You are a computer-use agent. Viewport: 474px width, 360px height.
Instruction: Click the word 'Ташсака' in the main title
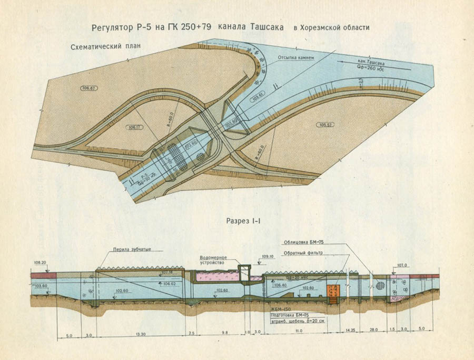(262, 27)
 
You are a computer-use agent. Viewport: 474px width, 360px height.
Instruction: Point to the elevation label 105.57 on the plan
(326, 124)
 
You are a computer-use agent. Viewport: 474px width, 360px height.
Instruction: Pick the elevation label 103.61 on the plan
(258, 96)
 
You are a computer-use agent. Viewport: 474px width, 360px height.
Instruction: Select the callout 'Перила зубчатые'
(132, 249)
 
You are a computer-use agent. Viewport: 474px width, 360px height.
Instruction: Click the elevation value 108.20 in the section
(40, 262)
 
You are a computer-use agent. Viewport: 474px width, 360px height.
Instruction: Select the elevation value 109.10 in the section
(269, 257)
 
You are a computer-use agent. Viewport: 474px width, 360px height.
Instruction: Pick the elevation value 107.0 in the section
(402, 265)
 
